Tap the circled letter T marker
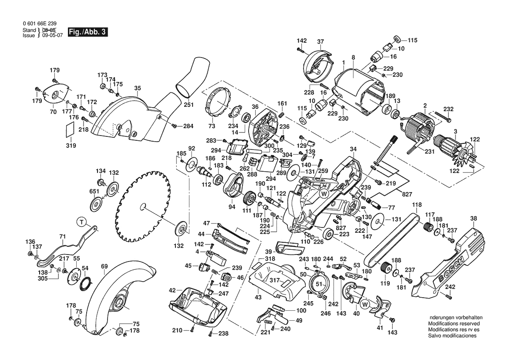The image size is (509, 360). (x=81, y=222)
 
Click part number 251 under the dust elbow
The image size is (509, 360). (x=188, y=105)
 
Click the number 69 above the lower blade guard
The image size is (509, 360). (x=104, y=266)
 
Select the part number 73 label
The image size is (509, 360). (x=212, y=126)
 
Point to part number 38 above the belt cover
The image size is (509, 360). (x=474, y=219)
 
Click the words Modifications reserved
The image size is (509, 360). (x=454, y=324)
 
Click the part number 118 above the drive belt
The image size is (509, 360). (x=417, y=205)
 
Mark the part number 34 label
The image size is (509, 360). (x=353, y=149)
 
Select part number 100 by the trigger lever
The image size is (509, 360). (x=301, y=311)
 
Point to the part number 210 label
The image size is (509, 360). (x=176, y=330)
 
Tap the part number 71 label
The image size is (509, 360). (x=62, y=237)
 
